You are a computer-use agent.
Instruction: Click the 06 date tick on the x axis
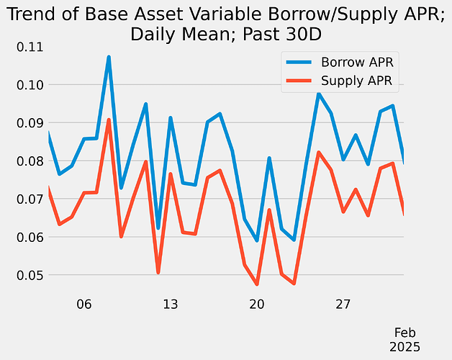tap(83, 305)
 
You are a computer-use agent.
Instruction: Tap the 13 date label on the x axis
tap(170, 305)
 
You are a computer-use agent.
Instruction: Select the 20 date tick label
tap(257, 305)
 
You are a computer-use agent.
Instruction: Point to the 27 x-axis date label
tap(343, 305)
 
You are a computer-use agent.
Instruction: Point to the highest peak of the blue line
tap(108, 57)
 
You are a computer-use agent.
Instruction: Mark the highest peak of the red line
tap(108, 120)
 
